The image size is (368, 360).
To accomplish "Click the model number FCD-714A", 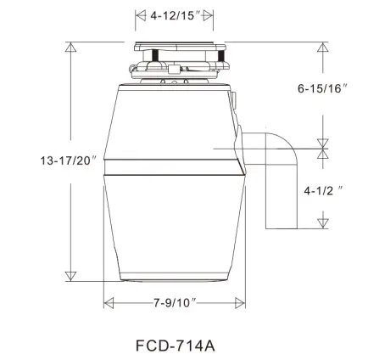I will tap(176, 346).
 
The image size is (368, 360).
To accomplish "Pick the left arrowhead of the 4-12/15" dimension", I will tap(140, 14).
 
